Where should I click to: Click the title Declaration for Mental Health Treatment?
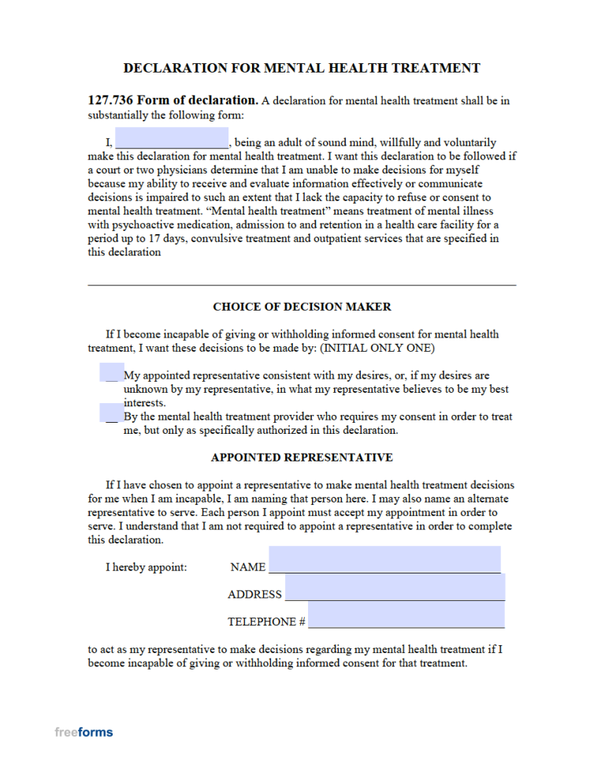click(302, 68)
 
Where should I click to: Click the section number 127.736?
click(110, 100)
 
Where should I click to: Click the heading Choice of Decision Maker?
click(302, 307)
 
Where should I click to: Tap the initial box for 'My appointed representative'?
click(111, 372)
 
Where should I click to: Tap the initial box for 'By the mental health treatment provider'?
click(111, 413)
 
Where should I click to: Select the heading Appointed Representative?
click(302, 457)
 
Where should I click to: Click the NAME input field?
click(384, 559)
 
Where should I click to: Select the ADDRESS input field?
click(395, 588)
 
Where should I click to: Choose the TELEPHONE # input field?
click(406, 614)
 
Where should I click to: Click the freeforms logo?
click(84, 732)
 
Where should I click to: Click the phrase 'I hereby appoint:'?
click(147, 567)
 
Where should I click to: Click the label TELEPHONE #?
click(266, 622)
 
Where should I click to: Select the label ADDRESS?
click(254, 595)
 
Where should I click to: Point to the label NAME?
click(248, 567)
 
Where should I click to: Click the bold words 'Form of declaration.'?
click(198, 100)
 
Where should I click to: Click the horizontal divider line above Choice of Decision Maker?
click(302, 284)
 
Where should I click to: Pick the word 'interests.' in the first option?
click(144, 402)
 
